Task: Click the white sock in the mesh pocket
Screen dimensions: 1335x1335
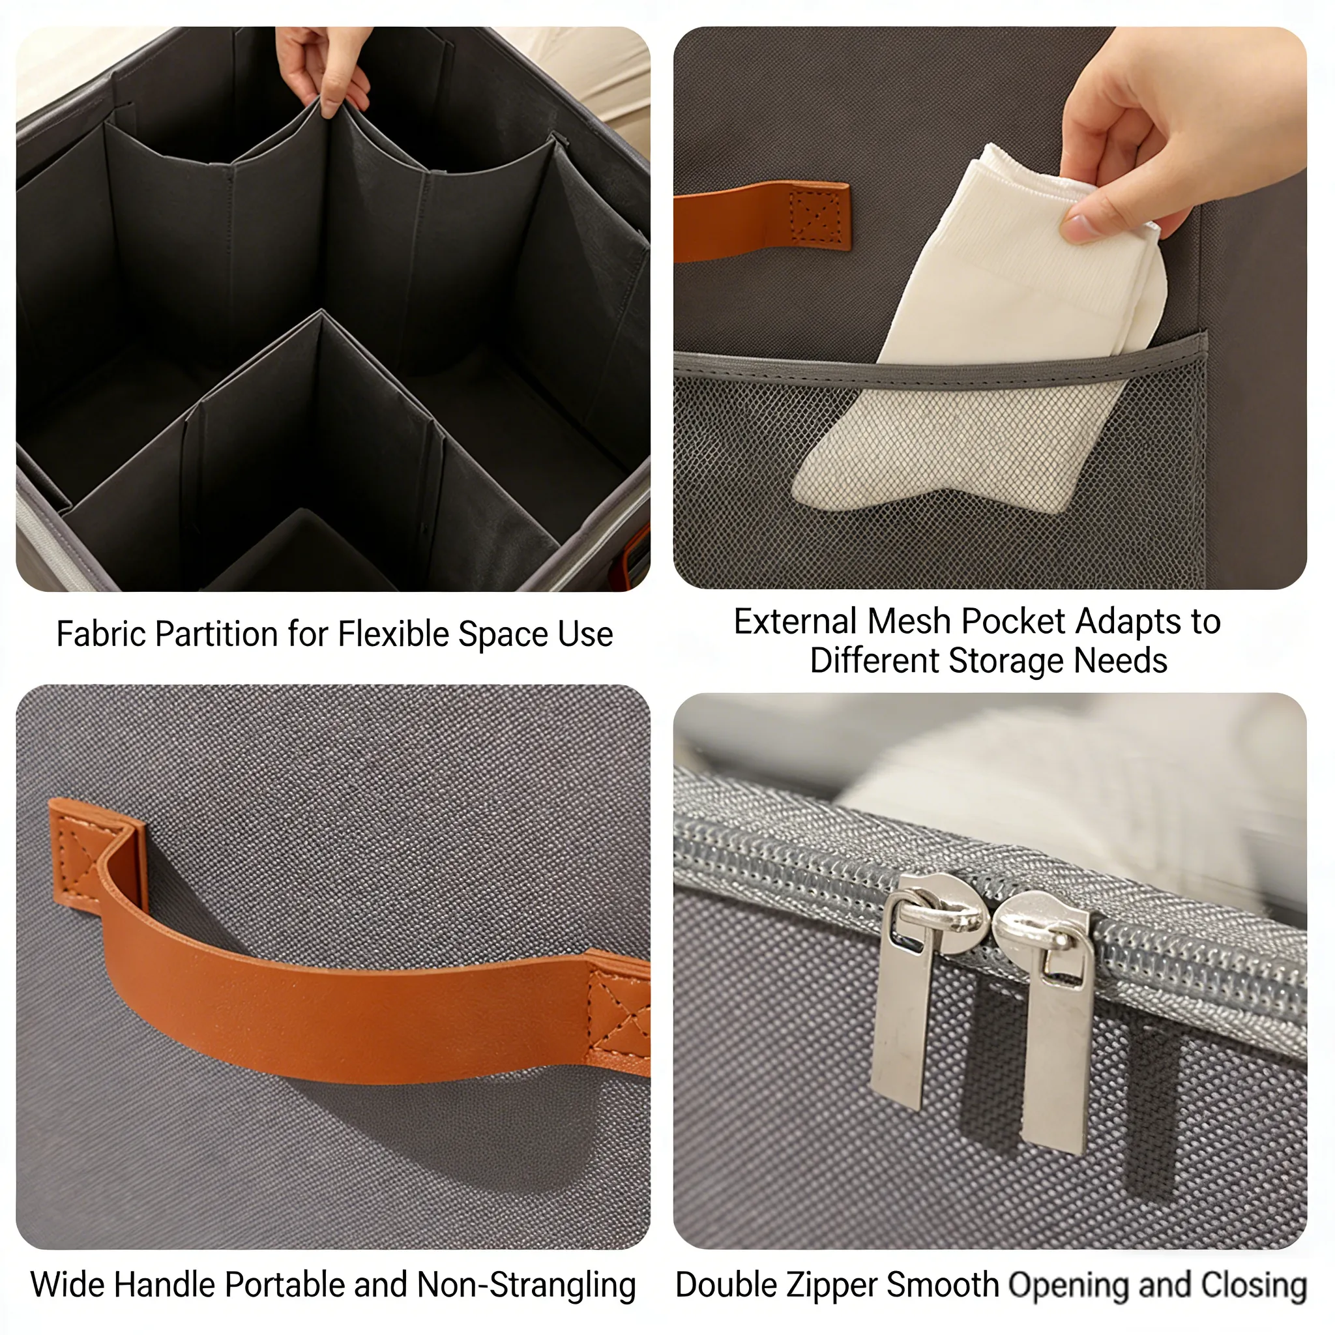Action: coord(981,332)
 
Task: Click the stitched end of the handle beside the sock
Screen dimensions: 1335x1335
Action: coord(818,218)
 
